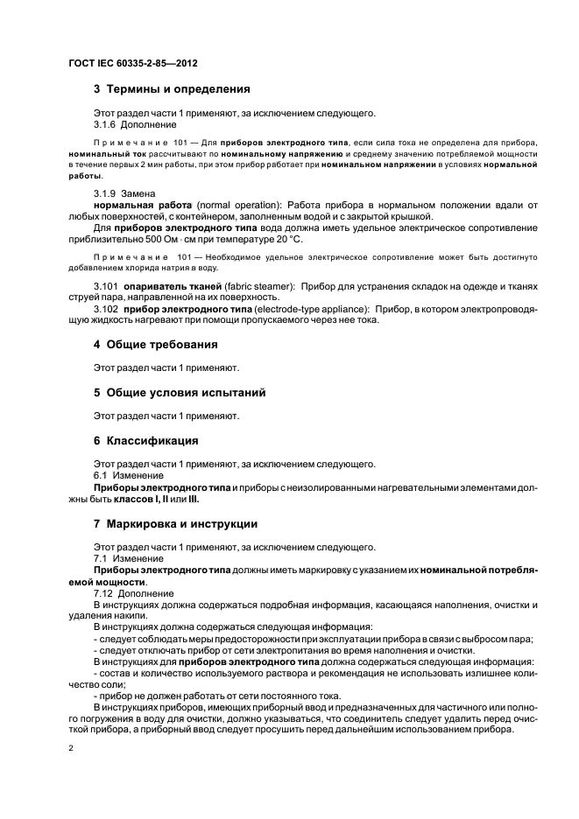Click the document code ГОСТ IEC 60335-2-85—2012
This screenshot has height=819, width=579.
(126, 64)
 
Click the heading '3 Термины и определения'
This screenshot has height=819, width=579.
(172, 89)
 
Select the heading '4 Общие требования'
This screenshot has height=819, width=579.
(155, 345)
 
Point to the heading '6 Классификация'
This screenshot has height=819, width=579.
(145, 440)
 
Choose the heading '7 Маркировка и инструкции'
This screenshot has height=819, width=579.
(175, 524)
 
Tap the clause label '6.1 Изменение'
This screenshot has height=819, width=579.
(128, 475)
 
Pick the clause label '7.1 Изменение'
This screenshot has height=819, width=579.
(128, 558)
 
